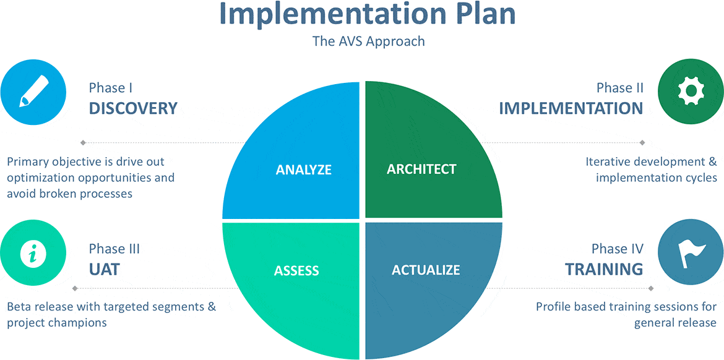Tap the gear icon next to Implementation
[691, 92]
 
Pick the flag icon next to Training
[691, 254]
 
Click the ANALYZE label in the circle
[303, 170]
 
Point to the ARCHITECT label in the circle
[421, 169]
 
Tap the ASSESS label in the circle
[296, 270]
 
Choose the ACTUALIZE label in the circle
[426, 270]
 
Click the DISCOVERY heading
[133, 108]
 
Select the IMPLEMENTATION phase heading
[571, 108]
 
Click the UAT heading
[104, 269]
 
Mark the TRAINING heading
[605, 269]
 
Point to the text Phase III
[114, 249]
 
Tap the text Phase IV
[618, 249]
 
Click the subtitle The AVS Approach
[368, 41]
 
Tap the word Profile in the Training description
[552, 306]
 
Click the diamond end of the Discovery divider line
[83, 142]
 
